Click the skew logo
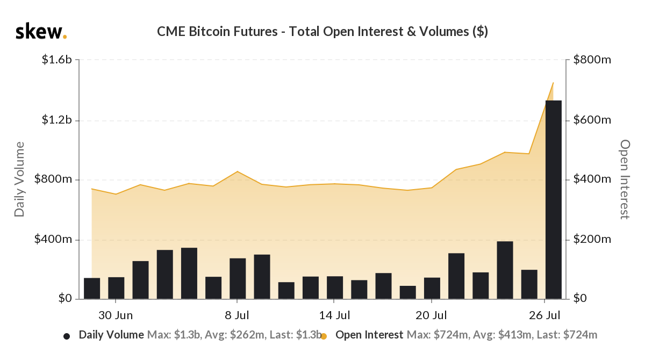[41, 32]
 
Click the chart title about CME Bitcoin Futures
[322, 32]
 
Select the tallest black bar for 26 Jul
[554, 199]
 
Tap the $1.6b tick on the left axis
[56, 60]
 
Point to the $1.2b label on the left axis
[56, 120]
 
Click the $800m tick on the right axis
[592, 60]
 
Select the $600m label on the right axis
[592, 120]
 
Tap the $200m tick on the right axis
[592, 239]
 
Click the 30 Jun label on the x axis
[116, 314]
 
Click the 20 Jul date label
[432, 314]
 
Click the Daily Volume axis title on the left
[20, 179]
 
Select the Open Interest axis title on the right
[625, 179]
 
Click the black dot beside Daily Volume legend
[67, 336]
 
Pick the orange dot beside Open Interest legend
[324, 336]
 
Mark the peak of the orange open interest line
[553, 83]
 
